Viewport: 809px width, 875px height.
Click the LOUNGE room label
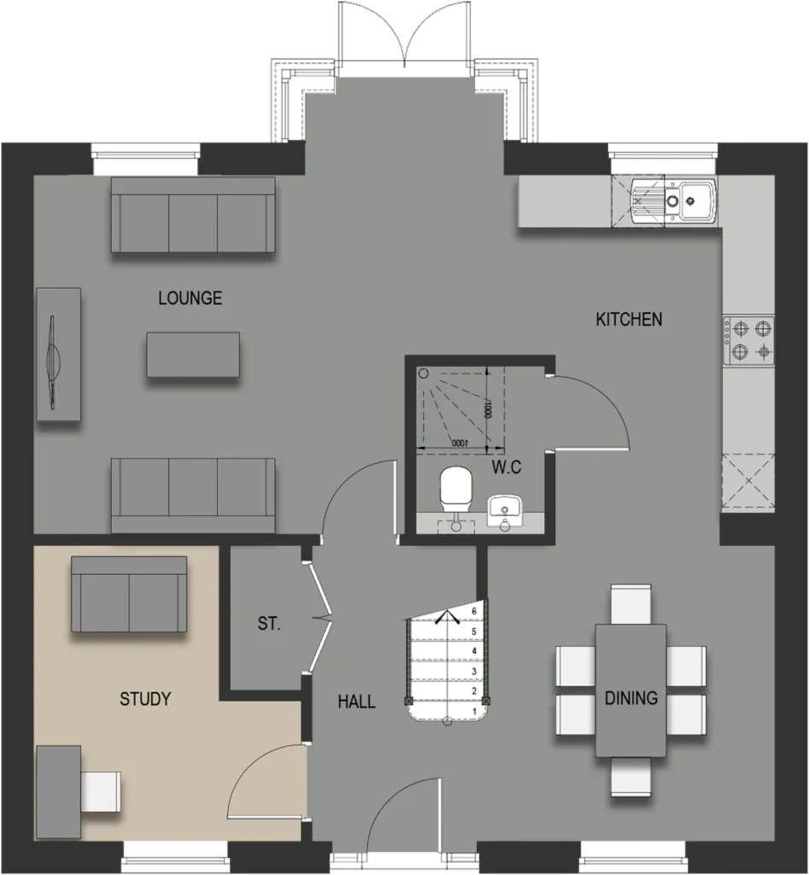(191, 298)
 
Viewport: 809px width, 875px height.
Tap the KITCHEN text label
(630, 320)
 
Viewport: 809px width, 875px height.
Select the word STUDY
(145, 699)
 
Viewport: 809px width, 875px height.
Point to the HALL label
(356, 702)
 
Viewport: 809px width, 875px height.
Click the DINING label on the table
(631, 697)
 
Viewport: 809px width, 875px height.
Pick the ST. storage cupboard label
(269, 623)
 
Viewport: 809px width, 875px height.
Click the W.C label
(507, 467)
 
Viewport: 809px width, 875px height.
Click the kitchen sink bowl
(695, 200)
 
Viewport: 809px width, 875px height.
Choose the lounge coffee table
(194, 355)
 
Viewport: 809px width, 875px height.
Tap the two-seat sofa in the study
(129, 595)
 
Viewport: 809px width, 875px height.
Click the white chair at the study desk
(101, 792)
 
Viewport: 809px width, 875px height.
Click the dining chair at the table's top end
(631, 604)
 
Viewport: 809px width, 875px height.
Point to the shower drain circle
(424, 373)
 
